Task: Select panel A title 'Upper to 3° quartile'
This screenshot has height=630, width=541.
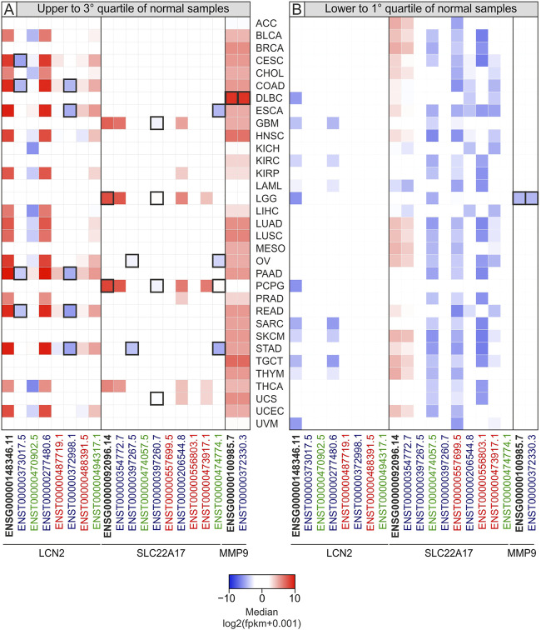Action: pos(133,7)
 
